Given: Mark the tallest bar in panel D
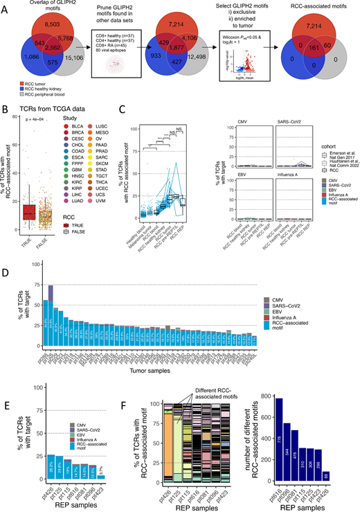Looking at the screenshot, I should (x=51, y=311).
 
